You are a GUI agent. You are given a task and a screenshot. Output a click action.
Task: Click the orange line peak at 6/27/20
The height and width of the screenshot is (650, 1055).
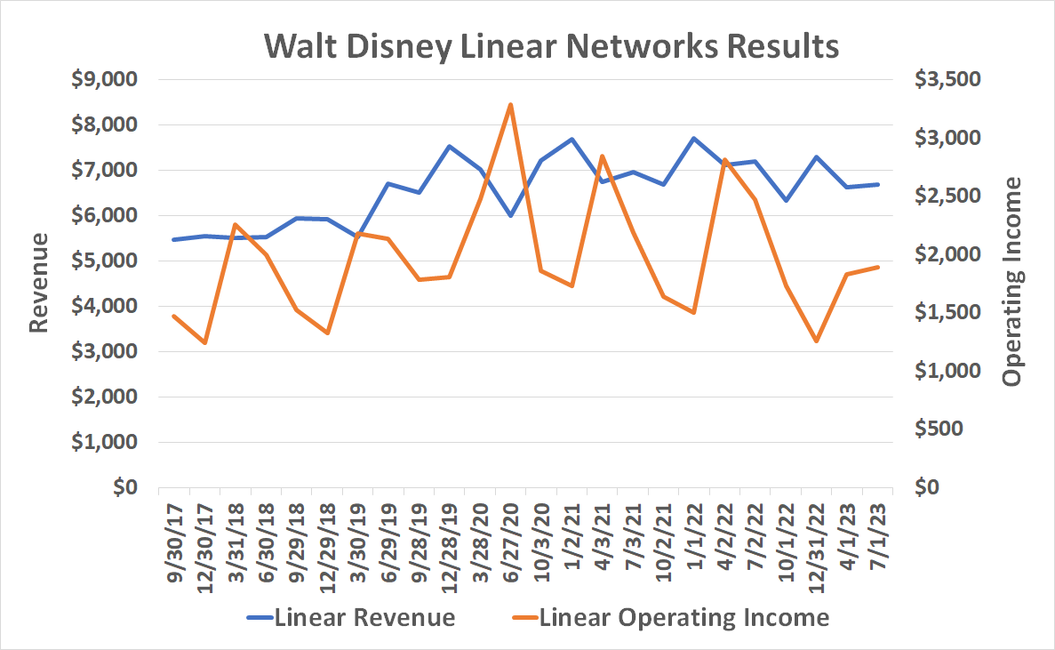point(510,105)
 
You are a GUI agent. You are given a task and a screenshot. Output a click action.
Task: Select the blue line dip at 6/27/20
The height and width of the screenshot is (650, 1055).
point(510,215)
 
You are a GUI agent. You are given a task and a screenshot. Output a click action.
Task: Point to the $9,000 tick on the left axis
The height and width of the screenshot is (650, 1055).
point(106,79)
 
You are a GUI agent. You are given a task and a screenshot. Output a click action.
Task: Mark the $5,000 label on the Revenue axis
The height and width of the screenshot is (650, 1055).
point(106,261)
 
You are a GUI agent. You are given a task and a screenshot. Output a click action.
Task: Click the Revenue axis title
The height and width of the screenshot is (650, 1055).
point(37,284)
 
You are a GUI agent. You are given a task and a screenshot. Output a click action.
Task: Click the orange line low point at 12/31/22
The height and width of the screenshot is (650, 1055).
point(816,341)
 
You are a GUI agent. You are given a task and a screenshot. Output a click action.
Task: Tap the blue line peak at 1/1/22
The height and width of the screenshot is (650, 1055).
point(693,138)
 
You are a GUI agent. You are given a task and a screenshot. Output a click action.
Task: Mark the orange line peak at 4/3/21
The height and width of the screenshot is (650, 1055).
point(602,156)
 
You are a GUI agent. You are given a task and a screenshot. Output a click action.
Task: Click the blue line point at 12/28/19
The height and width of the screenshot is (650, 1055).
point(449,146)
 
